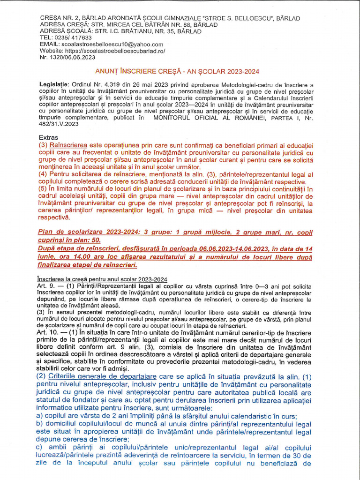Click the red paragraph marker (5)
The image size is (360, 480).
45,188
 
